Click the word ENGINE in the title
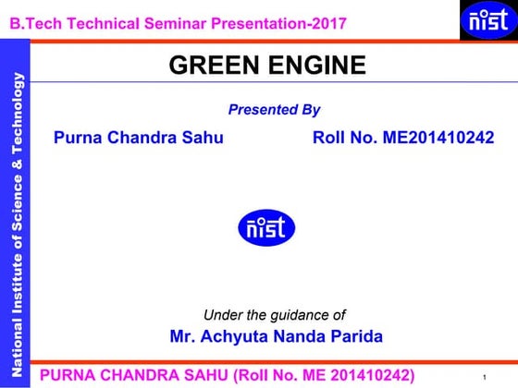(317, 65)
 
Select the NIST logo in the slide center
(267, 227)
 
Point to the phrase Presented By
(274, 110)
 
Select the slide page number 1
(485, 378)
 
